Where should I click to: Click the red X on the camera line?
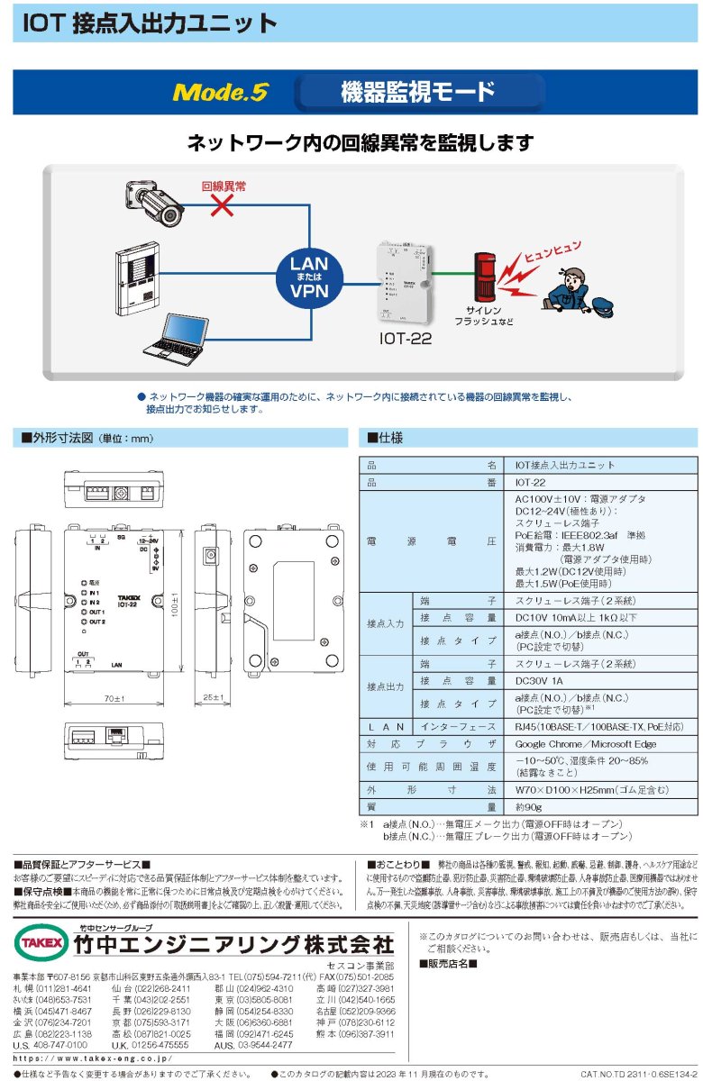223,205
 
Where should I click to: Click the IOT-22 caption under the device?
405,339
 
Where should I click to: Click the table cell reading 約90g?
527,807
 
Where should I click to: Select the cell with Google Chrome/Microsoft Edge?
585,744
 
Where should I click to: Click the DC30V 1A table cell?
540,681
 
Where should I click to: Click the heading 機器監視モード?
418,92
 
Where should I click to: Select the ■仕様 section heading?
385,438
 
